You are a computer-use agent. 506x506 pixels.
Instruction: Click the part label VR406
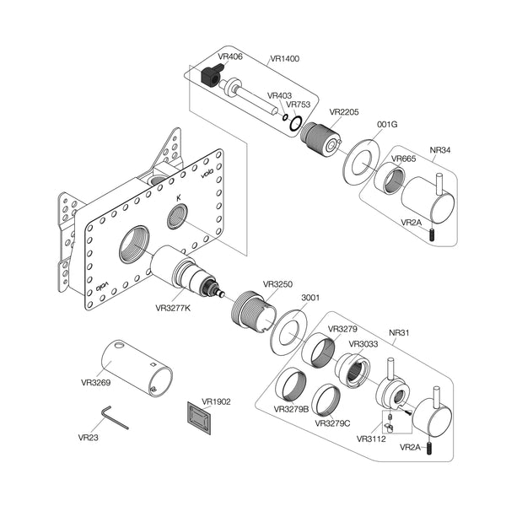pyautogui.click(x=230, y=57)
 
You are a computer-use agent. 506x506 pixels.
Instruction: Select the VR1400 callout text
pyautogui.click(x=285, y=58)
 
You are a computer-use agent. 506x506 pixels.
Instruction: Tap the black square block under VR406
pyautogui.click(x=210, y=76)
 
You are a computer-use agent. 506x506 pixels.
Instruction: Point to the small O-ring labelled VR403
pyautogui.click(x=285, y=117)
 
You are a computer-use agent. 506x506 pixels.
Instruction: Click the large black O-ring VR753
pyautogui.click(x=296, y=123)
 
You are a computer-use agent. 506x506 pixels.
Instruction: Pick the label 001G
pyautogui.click(x=387, y=124)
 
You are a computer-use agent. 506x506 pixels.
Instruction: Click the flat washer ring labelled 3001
pyautogui.click(x=289, y=332)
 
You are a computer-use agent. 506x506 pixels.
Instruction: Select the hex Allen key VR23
pyautogui.click(x=114, y=417)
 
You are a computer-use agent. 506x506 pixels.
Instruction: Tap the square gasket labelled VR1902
pyautogui.click(x=199, y=418)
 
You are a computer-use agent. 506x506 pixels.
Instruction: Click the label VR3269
pyautogui.click(x=96, y=382)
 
